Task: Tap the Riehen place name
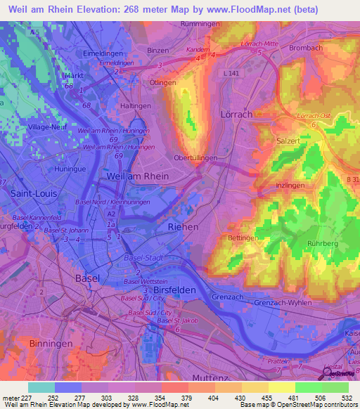coord(184,228)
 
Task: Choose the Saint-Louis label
coord(27,191)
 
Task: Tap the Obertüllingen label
coord(195,158)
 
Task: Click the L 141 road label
coord(231,74)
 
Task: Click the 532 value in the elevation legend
coord(346,398)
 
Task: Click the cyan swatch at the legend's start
coord(41,387)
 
